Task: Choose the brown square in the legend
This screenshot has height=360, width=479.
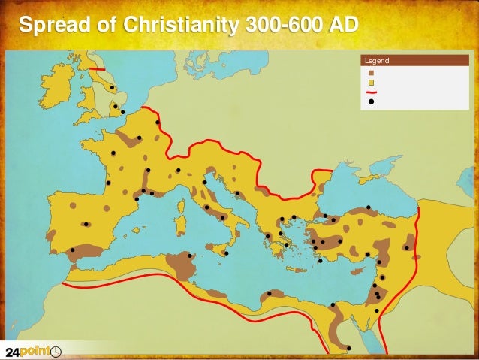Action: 371,73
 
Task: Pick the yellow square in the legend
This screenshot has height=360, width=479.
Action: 371,83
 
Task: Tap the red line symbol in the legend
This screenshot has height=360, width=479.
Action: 371,92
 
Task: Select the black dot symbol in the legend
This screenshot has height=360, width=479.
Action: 371,104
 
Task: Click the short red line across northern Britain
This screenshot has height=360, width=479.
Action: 98,70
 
